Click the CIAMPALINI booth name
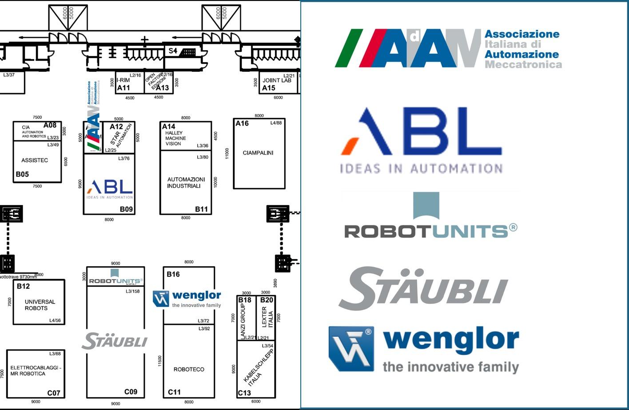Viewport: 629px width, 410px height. [258, 153]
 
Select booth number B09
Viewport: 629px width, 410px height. [126, 209]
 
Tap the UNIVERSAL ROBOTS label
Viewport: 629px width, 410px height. [40, 305]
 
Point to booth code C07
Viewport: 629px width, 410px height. [54, 393]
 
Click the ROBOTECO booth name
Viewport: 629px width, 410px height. [189, 369]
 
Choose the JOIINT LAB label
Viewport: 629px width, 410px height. [277, 80]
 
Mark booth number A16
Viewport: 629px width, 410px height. [242, 123]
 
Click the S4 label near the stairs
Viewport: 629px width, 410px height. [173, 51]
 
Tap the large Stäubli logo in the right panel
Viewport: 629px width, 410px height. [423, 288]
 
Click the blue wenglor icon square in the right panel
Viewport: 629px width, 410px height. [351, 349]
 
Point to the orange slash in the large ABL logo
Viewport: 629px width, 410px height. [350, 146]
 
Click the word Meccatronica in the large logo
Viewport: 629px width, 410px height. [523, 65]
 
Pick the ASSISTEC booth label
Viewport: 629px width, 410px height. [35, 160]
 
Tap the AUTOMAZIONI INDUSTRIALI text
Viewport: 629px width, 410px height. [186, 182]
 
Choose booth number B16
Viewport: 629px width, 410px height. [173, 274]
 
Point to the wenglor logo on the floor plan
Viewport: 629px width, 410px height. [187, 299]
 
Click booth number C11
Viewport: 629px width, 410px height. [174, 392]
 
